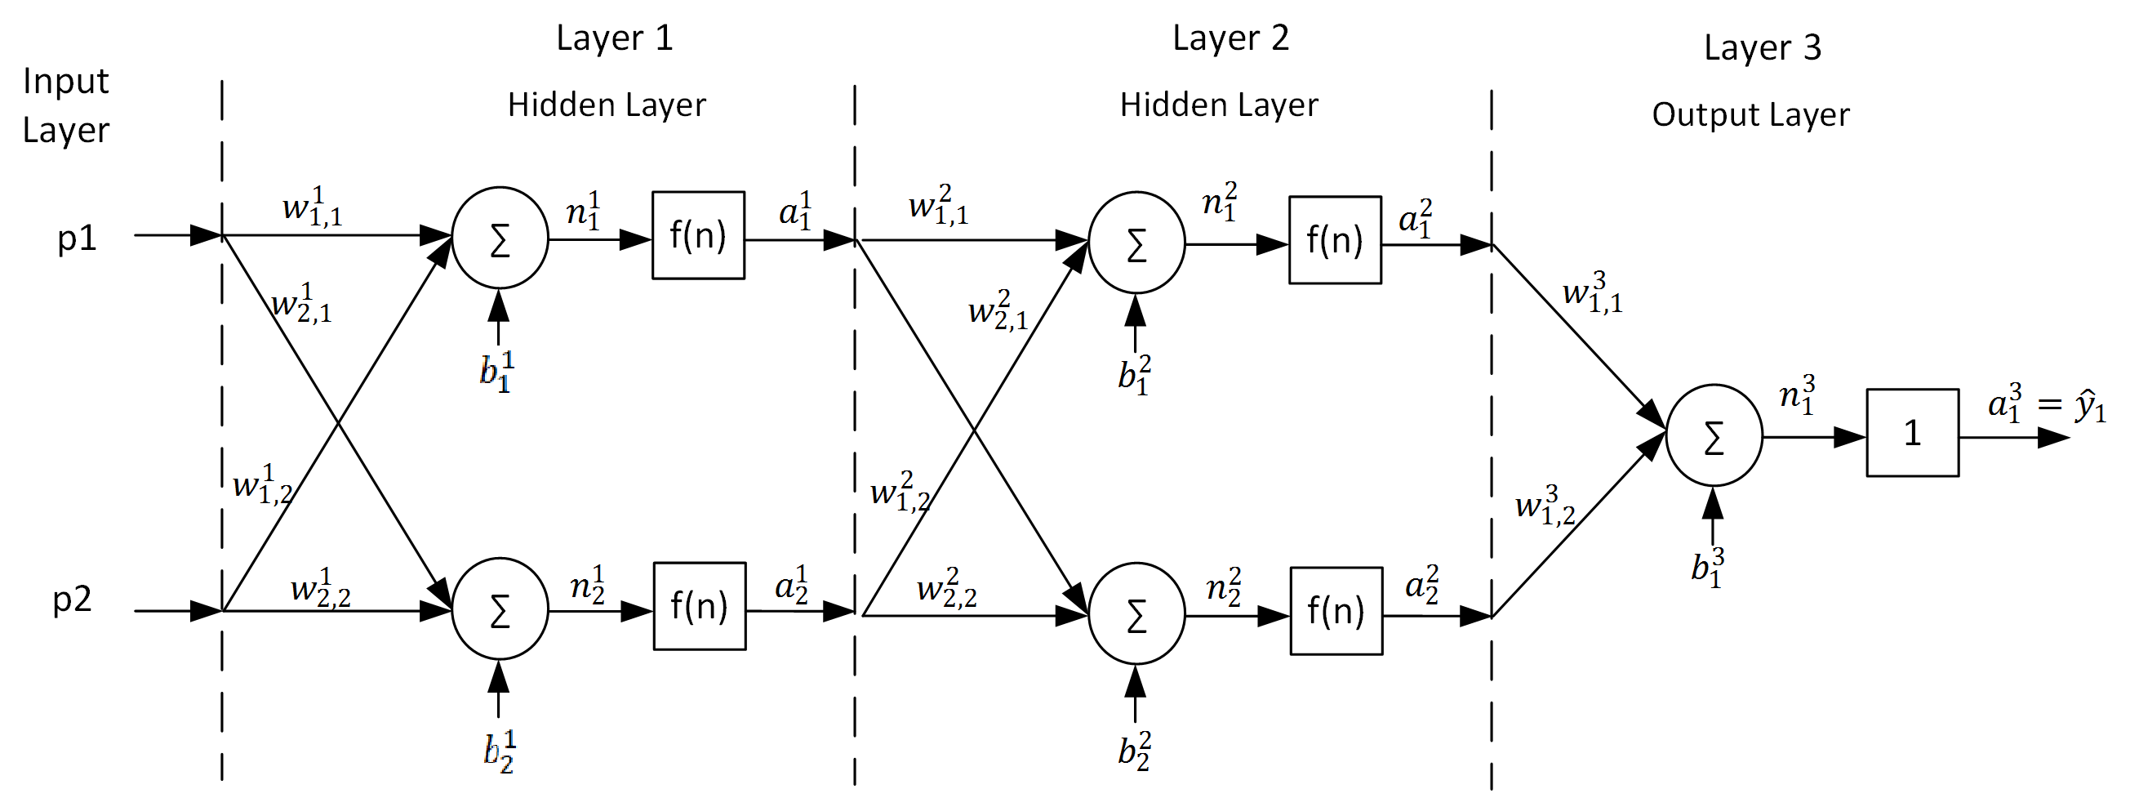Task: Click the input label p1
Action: pyautogui.click(x=77, y=239)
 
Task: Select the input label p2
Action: pyautogui.click(x=73, y=600)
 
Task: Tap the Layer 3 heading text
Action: pyautogui.click(x=1762, y=48)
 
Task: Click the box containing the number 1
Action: pyautogui.click(x=1912, y=433)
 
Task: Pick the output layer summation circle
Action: pyautogui.click(x=1714, y=435)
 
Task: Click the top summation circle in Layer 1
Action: pyautogui.click(x=500, y=239)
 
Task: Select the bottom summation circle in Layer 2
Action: pyautogui.click(x=1136, y=613)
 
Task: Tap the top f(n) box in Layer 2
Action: pyautogui.click(x=1335, y=241)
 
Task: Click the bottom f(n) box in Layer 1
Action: pyautogui.click(x=700, y=606)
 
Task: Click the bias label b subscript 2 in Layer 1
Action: pyautogui.click(x=500, y=751)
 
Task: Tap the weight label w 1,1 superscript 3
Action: pyautogui.click(x=1592, y=292)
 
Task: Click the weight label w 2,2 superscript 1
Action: pyautogui.click(x=321, y=588)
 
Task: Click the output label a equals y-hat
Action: pyautogui.click(x=2046, y=403)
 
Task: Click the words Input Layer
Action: pyautogui.click(x=66, y=106)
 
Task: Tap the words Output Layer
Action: pyautogui.click(x=1750, y=115)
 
